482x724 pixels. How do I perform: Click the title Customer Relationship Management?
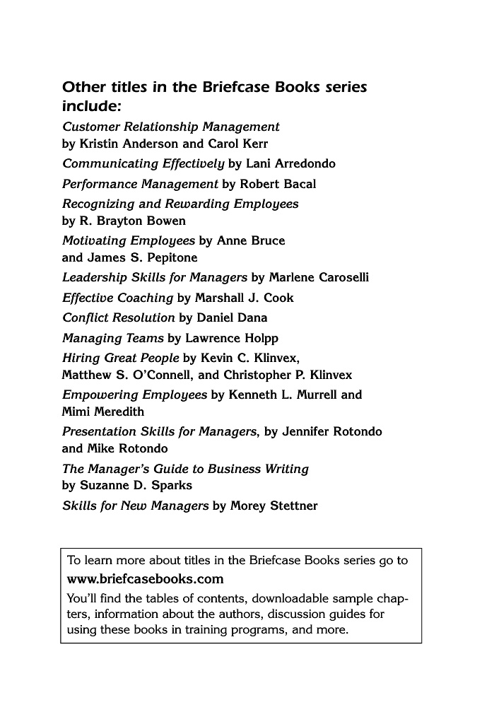171,127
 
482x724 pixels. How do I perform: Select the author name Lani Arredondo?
290,164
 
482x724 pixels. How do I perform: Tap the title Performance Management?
140,184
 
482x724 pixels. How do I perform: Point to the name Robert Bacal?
278,184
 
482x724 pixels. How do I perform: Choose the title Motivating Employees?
129,240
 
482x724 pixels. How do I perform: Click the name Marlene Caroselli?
319,278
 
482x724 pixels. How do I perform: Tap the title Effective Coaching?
117,298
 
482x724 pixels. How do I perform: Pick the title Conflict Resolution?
118,318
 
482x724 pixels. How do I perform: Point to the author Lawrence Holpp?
232,338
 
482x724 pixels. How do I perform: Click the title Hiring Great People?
121,358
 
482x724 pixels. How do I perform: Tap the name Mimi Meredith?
103,411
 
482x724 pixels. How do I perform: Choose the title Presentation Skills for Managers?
160,431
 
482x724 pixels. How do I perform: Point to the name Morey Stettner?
274,506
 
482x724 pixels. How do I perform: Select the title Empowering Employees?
134,395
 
